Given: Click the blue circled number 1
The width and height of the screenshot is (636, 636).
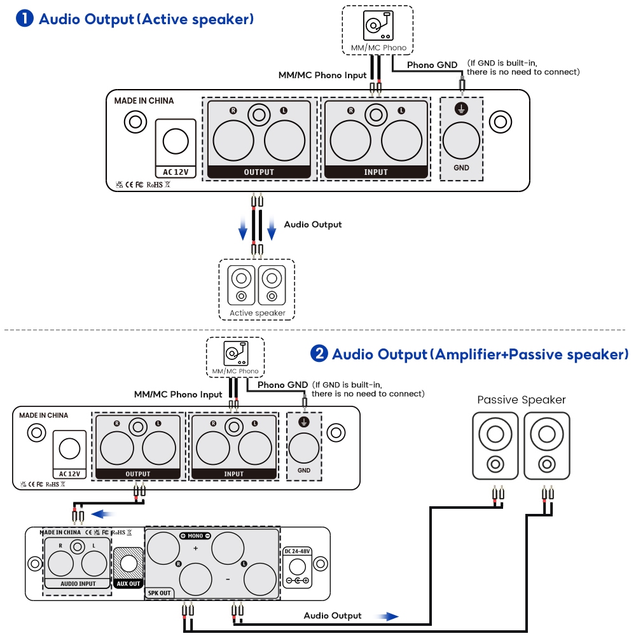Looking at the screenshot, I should [25, 18].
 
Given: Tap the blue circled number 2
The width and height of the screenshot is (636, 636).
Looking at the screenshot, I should [319, 354].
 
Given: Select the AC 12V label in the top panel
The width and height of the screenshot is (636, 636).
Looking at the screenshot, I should [175, 172].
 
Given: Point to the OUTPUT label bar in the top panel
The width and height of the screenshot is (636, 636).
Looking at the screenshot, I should [259, 172].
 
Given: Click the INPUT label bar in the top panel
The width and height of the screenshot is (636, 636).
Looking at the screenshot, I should [376, 172].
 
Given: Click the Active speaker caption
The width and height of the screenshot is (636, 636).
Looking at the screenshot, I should [258, 313].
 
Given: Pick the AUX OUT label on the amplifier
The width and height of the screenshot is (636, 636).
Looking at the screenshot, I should [128, 583].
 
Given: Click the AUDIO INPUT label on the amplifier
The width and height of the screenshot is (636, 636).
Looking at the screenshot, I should [78, 583].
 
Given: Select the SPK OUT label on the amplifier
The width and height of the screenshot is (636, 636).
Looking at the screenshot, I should [160, 592].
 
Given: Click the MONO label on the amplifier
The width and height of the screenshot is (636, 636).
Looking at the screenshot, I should [195, 536].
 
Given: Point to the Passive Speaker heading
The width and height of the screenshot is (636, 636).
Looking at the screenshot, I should [522, 400].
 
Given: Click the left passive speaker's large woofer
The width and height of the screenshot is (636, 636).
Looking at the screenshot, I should [495, 436].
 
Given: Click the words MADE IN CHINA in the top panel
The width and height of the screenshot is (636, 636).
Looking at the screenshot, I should [144, 100].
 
